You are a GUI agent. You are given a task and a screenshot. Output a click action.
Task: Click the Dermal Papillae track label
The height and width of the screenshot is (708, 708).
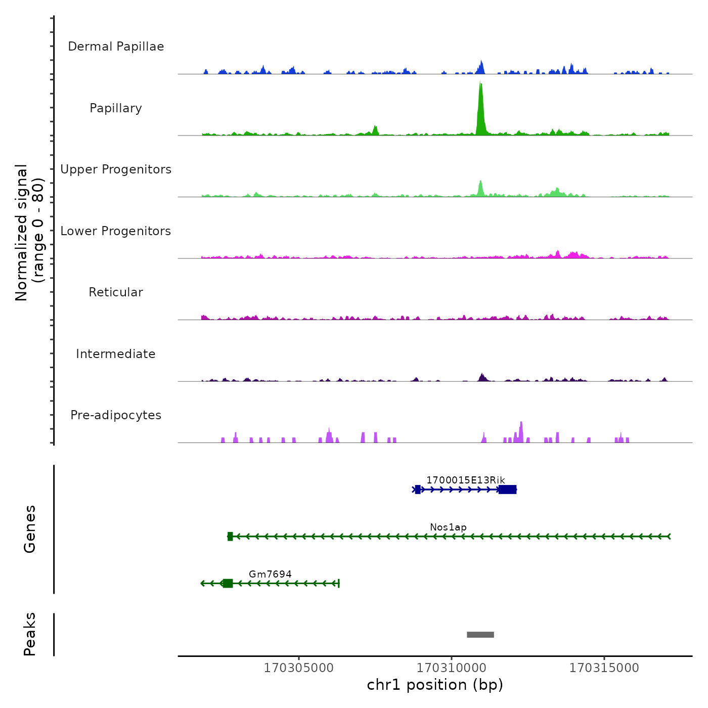tap(116, 47)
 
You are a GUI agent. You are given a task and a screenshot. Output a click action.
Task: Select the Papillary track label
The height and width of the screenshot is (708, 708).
tap(116, 108)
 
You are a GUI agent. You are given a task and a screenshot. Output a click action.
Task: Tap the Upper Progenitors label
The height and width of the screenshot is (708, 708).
tap(116, 169)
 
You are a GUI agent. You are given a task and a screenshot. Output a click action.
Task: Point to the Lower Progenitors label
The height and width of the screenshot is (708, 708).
tap(116, 231)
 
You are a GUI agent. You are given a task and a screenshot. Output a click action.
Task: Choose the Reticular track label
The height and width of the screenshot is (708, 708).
tap(116, 292)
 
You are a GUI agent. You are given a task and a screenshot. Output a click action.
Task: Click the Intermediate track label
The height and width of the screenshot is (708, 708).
tap(116, 354)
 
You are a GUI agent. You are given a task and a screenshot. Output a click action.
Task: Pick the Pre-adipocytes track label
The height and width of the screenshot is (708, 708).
tap(116, 415)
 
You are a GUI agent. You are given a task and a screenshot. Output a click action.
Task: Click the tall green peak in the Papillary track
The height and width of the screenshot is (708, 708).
tap(480, 109)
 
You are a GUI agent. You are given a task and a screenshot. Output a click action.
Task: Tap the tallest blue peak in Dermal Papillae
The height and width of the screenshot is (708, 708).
tap(481, 67)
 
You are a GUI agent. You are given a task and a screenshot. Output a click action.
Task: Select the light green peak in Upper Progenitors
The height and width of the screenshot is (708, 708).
tap(480, 189)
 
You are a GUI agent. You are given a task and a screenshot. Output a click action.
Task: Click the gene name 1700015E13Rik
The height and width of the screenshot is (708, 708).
tap(465, 480)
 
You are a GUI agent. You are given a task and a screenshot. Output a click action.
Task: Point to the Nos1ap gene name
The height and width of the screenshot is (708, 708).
tap(448, 527)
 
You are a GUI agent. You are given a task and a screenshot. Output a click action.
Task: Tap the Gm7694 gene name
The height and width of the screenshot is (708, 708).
tap(270, 574)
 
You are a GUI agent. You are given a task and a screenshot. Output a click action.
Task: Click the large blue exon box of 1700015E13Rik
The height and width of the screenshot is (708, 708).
tap(507, 490)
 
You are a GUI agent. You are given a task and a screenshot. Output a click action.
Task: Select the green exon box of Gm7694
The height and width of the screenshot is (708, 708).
tap(228, 584)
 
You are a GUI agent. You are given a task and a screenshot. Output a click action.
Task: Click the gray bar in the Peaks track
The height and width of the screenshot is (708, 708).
tap(480, 635)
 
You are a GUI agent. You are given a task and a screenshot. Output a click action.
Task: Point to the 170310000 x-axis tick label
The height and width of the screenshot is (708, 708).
tap(451, 668)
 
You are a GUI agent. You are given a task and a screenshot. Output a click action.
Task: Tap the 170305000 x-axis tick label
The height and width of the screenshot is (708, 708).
tap(299, 668)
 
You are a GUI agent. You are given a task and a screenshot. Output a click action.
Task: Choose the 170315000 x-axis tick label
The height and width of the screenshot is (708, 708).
tap(604, 668)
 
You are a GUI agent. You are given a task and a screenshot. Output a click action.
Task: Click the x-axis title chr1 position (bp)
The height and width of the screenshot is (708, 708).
tap(435, 685)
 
